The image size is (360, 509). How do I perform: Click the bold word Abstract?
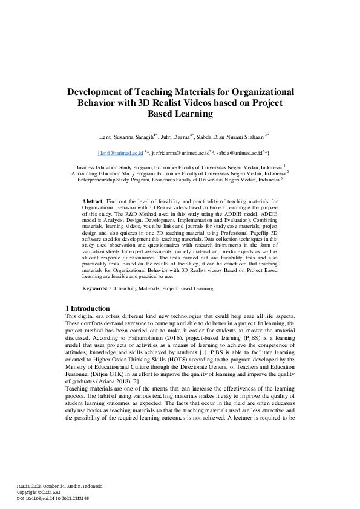click(x=93, y=200)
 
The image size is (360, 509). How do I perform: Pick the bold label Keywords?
click(x=94, y=288)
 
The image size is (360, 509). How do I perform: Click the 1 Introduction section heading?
click(x=87, y=308)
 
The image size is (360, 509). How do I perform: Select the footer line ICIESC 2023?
click(x=59, y=486)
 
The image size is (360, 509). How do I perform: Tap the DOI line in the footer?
click(x=52, y=498)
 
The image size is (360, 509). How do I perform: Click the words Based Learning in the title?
click(x=180, y=113)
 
